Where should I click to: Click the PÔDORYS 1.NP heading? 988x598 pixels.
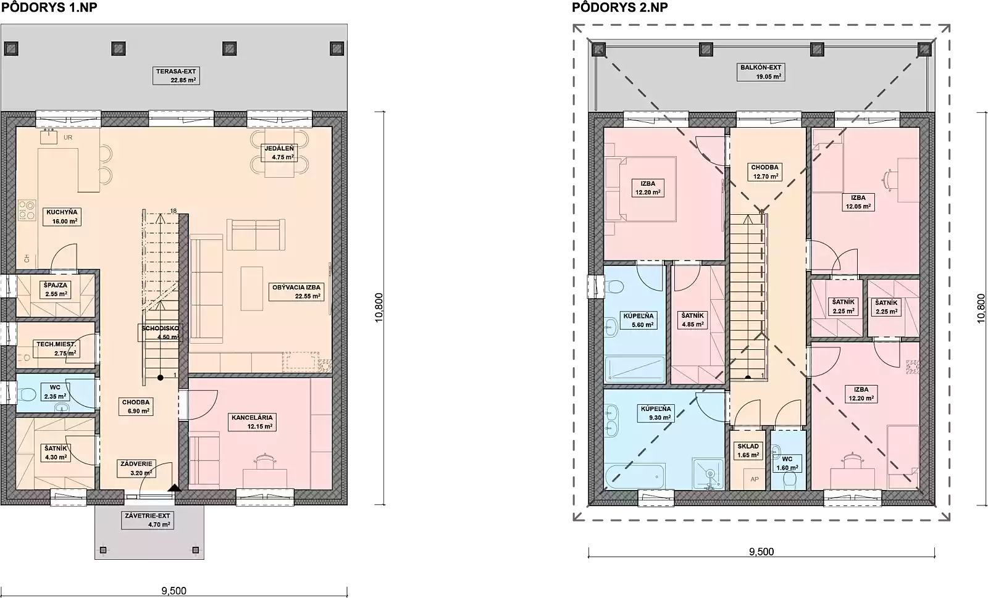coord(49,7)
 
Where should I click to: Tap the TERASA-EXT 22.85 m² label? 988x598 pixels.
coord(176,76)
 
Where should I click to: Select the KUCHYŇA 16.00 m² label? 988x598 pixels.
coord(62,217)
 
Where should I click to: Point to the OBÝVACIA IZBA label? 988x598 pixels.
coord(296,288)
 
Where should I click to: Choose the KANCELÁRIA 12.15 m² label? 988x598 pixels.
coord(253,422)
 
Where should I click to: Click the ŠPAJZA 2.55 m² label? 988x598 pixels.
coord(56,289)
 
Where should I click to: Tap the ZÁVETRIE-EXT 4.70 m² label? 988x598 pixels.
coord(148,520)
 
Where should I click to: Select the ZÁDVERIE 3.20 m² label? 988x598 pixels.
coord(136,468)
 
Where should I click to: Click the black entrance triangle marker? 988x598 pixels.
coord(175,488)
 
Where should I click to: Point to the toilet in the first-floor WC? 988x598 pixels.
coord(27,394)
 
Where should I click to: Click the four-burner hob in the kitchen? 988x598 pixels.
coord(27,210)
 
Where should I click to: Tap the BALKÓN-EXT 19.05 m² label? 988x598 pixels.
coord(761,72)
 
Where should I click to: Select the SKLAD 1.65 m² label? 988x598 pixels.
coord(748,451)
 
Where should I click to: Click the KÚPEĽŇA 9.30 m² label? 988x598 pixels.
coord(656,413)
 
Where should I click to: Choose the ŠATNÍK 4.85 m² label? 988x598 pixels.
coord(692,320)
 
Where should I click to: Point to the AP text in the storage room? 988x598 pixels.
coord(755,479)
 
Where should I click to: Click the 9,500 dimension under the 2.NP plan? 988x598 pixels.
coord(761,551)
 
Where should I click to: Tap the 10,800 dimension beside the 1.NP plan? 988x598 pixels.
coord(379,307)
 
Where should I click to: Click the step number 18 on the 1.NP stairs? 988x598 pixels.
coord(174,210)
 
